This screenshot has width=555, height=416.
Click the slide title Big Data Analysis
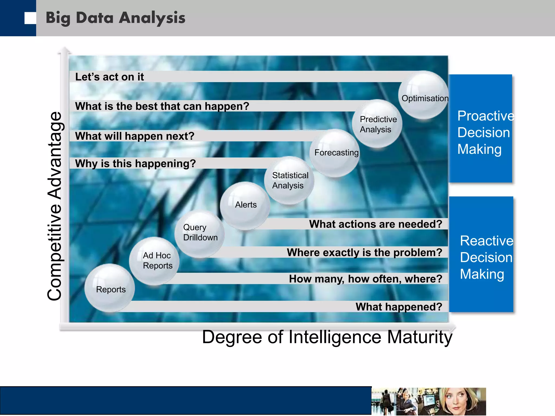115,18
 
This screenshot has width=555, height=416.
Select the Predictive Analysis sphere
377,124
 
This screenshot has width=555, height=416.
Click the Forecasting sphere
335,153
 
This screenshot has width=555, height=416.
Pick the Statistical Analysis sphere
289,180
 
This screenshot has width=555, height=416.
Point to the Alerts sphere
245,205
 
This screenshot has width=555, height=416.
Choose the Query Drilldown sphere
200,233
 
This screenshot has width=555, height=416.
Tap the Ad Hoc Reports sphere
154,261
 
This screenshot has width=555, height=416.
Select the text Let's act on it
109,77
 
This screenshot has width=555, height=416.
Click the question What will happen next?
135,136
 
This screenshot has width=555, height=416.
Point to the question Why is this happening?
135,164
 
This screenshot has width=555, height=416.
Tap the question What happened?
399,307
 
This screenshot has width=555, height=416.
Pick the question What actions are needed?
376,224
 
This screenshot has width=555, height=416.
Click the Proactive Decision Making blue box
480,129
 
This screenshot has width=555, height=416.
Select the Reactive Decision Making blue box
481,255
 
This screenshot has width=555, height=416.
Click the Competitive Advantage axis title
55,206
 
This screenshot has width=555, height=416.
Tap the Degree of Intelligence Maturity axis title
327,337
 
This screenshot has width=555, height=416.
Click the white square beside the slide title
30,18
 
